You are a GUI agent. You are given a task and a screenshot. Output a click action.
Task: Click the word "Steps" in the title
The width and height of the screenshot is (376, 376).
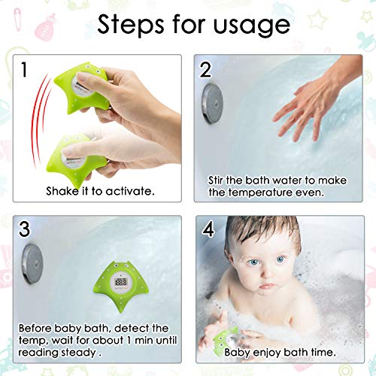tap(130, 25)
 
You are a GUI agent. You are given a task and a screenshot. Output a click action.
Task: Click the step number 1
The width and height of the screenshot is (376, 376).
tap(24, 69)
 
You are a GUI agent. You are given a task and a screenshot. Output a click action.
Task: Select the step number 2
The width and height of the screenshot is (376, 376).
tap(205, 69)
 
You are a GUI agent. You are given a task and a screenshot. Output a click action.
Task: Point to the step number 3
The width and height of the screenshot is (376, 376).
tap(25, 229)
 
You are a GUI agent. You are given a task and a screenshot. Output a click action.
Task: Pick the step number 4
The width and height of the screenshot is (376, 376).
tap(208, 229)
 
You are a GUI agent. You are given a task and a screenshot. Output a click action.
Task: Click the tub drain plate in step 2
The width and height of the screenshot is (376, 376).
tap(212, 103)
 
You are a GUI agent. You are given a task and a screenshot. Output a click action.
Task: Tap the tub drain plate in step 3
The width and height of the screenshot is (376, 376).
tap(32, 263)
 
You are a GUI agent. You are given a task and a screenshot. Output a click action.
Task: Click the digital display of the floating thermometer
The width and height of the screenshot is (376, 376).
tap(120, 282)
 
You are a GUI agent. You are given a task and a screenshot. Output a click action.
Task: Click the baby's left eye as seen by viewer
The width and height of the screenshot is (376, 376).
tap(253, 262)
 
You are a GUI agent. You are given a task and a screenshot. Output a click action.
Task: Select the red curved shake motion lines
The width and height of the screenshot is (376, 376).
tap(40, 120)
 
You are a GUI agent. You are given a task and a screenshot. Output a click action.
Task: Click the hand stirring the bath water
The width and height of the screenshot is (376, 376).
tap(314, 100)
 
